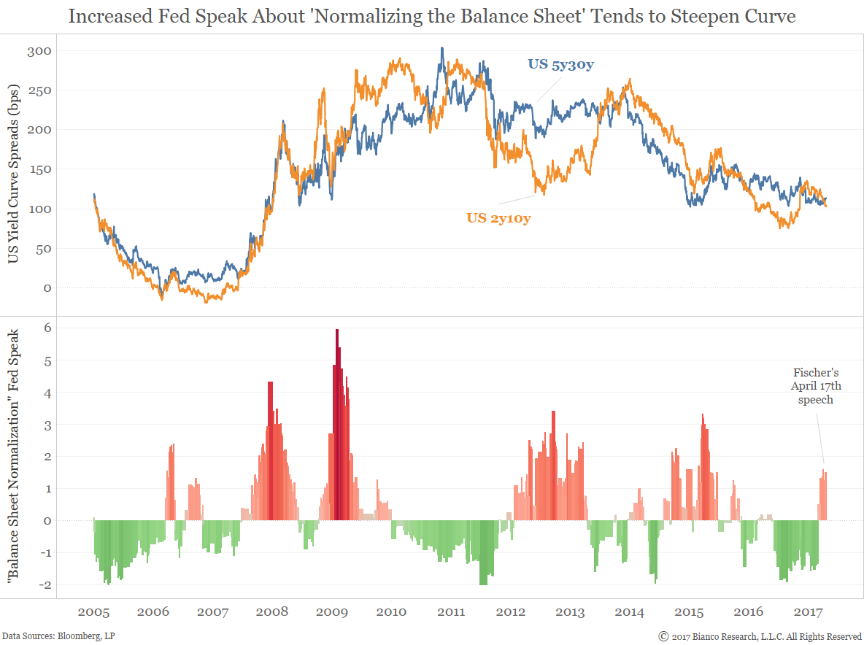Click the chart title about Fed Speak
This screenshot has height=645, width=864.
pyautogui.click(x=432, y=16)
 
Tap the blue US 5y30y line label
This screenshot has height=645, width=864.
pyautogui.click(x=560, y=65)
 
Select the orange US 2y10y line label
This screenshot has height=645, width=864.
pyautogui.click(x=498, y=217)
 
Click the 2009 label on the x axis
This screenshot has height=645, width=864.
pyautogui.click(x=331, y=611)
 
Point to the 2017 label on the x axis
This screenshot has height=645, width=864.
pyautogui.click(x=808, y=611)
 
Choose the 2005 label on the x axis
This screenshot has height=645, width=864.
pyautogui.click(x=93, y=611)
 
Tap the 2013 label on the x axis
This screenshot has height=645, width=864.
pyautogui.click(x=570, y=611)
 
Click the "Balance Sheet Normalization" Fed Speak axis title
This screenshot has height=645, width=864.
pyautogui.click(x=15, y=458)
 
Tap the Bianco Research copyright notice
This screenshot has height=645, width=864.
pyautogui.click(x=760, y=636)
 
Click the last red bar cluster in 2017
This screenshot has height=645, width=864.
pyautogui.click(x=823, y=496)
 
